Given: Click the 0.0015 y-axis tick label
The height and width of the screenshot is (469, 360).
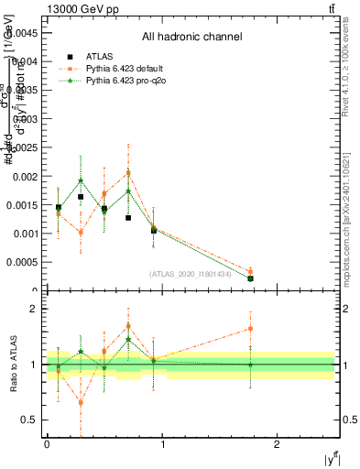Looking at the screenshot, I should pyautogui.click(x=24, y=205).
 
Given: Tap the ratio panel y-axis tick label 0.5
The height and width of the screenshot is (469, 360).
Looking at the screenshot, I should pyautogui.click(x=29, y=420).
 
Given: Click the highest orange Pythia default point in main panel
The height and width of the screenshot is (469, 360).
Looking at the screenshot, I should pyautogui.click(x=128, y=172).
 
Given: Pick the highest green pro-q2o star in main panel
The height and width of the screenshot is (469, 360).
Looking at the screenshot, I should pyautogui.click(x=81, y=180).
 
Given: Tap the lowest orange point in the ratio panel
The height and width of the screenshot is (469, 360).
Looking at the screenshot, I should pyautogui.click(x=81, y=402).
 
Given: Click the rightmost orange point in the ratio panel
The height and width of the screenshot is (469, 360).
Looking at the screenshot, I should pyautogui.click(x=250, y=328).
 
